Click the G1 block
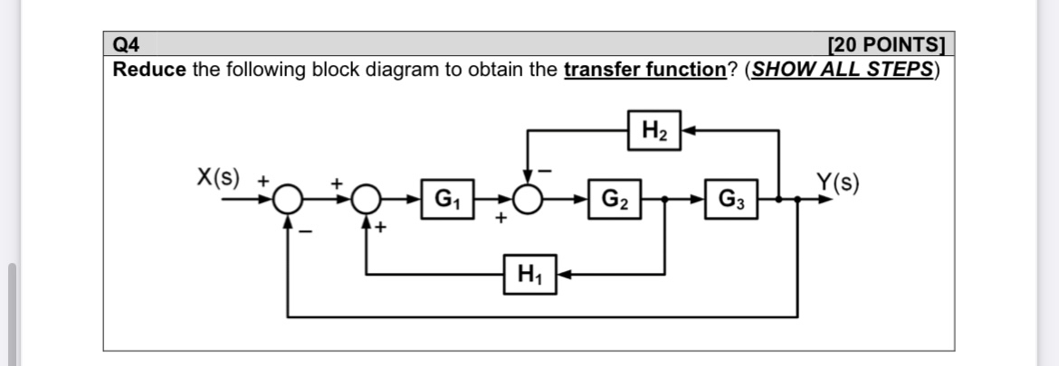(x=446, y=198)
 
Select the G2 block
(x=612, y=198)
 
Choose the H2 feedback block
(x=654, y=132)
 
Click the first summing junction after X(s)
(x=289, y=198)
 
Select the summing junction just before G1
(x=367, y=198)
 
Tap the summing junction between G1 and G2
(x=528, y=198)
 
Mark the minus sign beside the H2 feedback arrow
(x=546, y=170)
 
